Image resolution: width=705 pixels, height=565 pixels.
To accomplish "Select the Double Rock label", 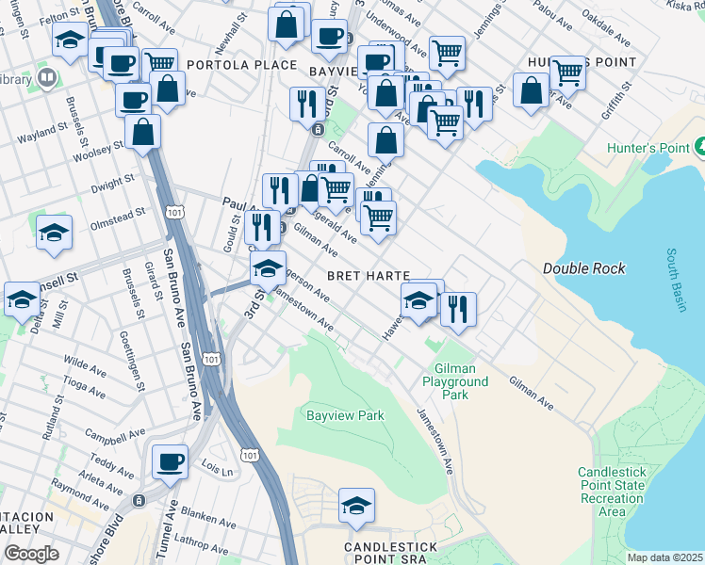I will coord(583,268).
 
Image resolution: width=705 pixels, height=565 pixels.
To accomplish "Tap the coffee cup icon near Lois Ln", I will coord(170,461).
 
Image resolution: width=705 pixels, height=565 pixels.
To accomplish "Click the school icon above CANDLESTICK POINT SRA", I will coord(356,506).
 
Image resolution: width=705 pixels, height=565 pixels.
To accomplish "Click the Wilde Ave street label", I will coord(85,364).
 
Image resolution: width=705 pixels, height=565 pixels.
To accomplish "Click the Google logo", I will coord(31,554).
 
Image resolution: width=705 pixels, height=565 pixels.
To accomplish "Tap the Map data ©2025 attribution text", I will coord(664,557).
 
